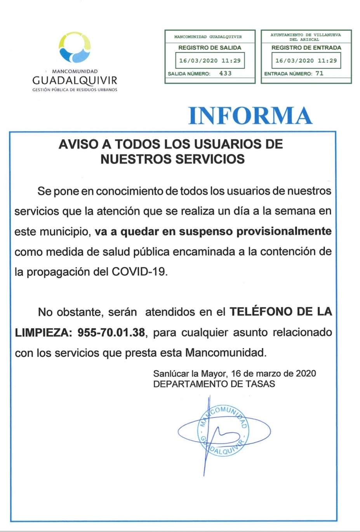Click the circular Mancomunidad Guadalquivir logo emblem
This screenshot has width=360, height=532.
pyautogui.click(x=75, y=47)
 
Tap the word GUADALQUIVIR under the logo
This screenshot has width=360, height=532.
pyautogui.click(x=75, y=80)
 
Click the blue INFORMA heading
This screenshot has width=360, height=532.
pyautogui.click(x=250, y=116)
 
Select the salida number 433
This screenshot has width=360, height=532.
pyautogui.click(x=225, y=73)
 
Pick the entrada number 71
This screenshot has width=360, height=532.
pyautogui.click(x=319, y=73)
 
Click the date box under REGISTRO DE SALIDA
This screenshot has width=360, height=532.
pyautogui.click(x=210, y=61)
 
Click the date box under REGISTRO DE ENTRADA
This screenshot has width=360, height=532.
pyautogui.click(x=306, y=61)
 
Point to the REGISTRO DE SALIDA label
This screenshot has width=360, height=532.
pyautogui.click(x=210, y=48)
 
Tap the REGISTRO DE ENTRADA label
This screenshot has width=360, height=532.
pyautogui.click(x=306, y=48)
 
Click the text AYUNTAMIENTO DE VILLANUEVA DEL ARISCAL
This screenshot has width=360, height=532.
pyautogui.click(x=306, y=37)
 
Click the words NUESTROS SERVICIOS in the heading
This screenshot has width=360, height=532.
pyautogui.click(x=172, y=159)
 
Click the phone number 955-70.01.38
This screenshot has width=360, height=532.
pyautogui.click(x=111, y=333)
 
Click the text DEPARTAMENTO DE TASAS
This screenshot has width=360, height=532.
pyautogui.click(x=214, y=384)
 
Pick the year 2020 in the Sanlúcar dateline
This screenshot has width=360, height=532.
pyautogui.click(x=306, y=374)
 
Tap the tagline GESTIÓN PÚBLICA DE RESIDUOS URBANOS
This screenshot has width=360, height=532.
pyautogui.click(x=75, y=90)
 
